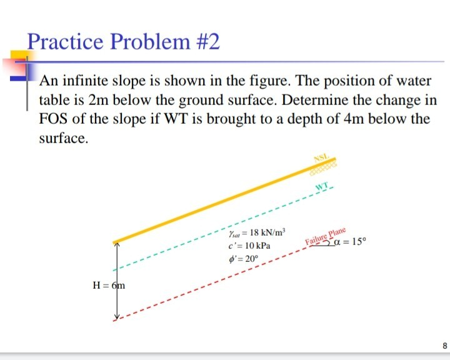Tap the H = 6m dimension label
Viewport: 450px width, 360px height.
pyautogui.click(x=109, y=286)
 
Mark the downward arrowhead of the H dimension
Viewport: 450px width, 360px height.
pyautogui.click(x=116, y=317)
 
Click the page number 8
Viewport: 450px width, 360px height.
pyautogui.click(x=444, y=344)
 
